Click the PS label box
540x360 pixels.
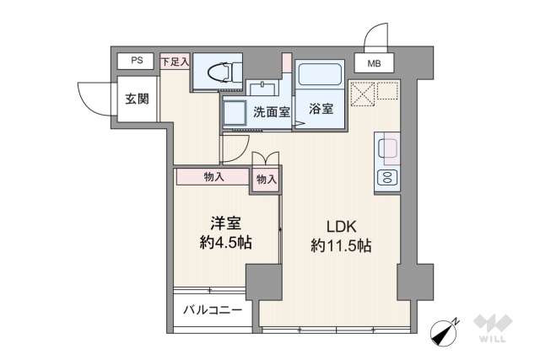136,61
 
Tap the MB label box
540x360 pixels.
372,62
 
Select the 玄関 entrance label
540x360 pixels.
138,99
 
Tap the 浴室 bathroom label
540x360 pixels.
321,109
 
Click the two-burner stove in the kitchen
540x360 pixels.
388,178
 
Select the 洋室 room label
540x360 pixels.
225,223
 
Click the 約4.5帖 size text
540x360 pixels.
225,243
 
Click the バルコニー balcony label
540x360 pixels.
213,309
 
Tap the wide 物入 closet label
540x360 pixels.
213,177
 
